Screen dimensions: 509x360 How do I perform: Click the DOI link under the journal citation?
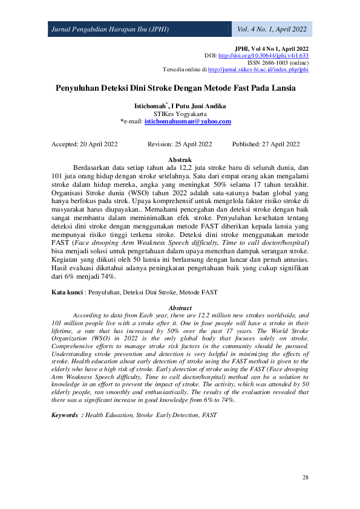coord(263,56)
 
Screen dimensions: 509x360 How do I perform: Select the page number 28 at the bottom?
coord(305,478)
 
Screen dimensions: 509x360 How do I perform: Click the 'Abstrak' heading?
coord(180,160)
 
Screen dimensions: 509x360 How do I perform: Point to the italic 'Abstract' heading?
coord(180,308)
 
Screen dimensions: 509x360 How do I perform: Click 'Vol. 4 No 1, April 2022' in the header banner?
coord(272,29)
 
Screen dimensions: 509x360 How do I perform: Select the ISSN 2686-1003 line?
coord(278,62)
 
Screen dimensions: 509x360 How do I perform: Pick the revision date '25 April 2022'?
coord(189,144)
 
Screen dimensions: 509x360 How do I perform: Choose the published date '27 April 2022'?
coord(278,144)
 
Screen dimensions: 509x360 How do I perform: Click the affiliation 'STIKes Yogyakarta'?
coord(180,114)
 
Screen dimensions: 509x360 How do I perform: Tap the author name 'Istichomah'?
coord(149,106)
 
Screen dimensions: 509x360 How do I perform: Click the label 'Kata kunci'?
coord(67,292)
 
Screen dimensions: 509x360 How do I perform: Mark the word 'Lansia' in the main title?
coord(281,88)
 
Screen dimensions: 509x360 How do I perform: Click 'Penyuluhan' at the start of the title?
coord(78,88)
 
